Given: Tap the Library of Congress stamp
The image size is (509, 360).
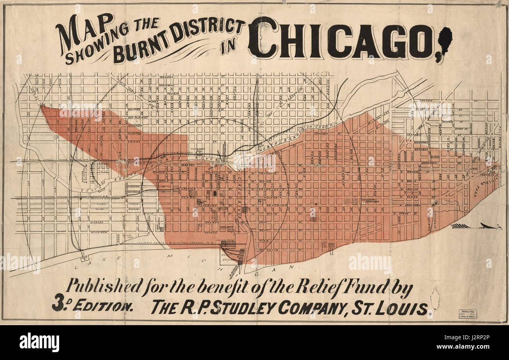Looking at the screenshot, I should tap(467, 314).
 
